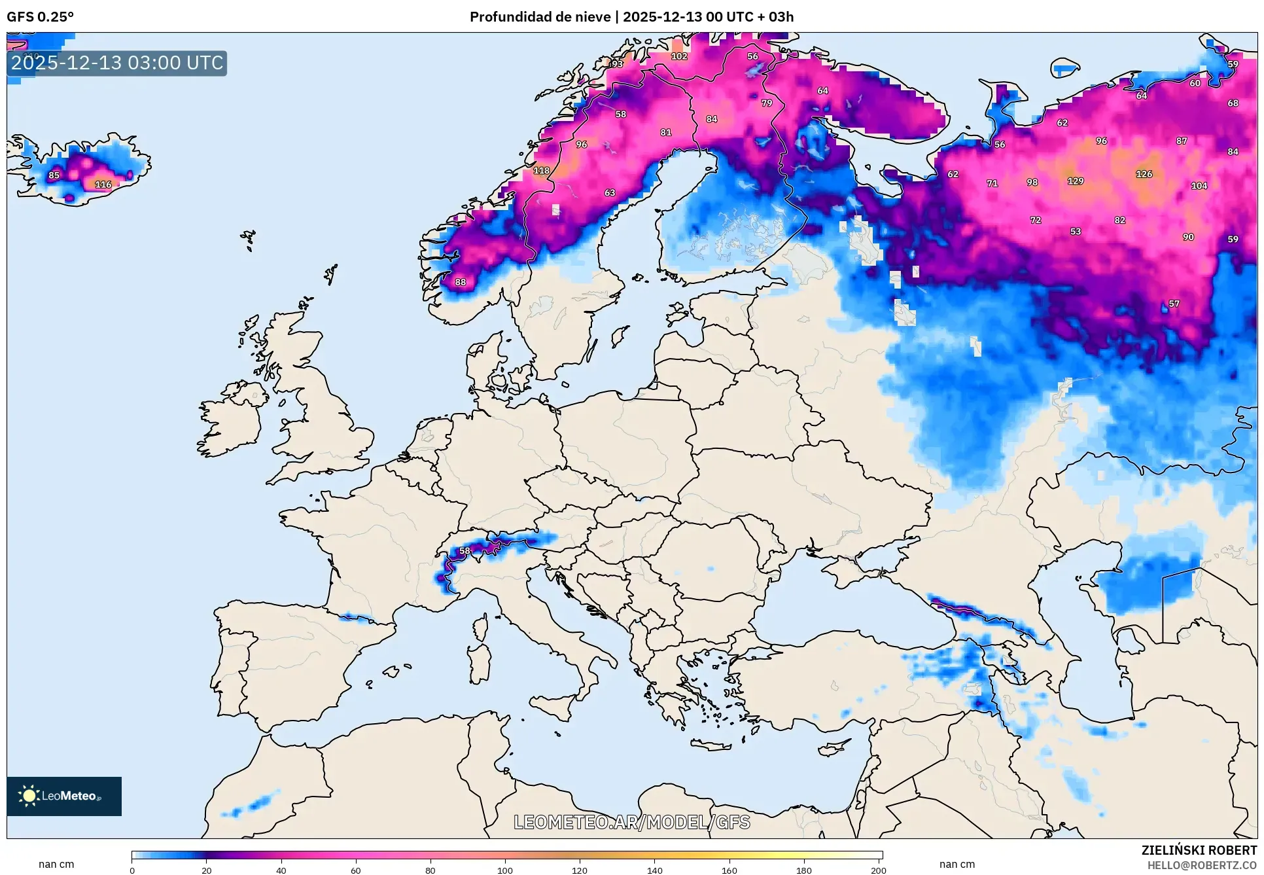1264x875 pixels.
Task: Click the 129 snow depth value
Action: [x=1075, y=181]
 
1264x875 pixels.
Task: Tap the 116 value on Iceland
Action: [x=103, y=185]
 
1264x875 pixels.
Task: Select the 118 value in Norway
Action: [x=541, y=171]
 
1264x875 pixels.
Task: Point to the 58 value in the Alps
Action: [x=465, y=551]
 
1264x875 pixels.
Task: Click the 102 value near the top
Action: [x=679, y=56]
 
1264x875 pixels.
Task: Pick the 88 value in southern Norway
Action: [x=461, y=282]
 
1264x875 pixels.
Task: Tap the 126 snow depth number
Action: [x=1144, y=174]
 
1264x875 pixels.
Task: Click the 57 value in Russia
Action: [x=1174, y=304]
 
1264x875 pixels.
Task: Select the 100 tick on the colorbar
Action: [x=504, y=870]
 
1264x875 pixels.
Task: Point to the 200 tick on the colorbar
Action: [x=878, y=870]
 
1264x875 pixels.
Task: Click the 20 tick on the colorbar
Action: [x=207, y=870]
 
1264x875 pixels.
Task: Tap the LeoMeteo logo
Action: [x=64, y=796]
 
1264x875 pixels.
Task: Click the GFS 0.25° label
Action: [x=40, y=17]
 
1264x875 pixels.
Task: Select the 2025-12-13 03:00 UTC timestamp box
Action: [x=117, y=63]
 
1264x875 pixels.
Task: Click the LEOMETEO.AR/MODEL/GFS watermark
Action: [x=631, y=822]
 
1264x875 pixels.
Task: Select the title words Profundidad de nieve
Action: [x=540, y=17]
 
